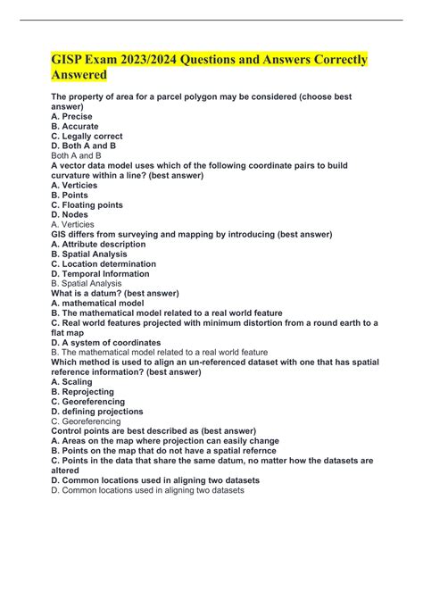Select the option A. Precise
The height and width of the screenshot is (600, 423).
72,116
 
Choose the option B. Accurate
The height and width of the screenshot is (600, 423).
75,126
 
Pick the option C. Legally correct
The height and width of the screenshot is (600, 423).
87,136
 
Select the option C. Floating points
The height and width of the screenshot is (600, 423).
87,204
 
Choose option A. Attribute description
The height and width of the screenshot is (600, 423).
98,244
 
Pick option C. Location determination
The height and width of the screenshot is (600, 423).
104,263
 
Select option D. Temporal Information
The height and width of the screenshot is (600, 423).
102,273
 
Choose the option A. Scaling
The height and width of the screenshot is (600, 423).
72,381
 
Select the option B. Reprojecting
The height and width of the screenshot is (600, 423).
83,391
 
